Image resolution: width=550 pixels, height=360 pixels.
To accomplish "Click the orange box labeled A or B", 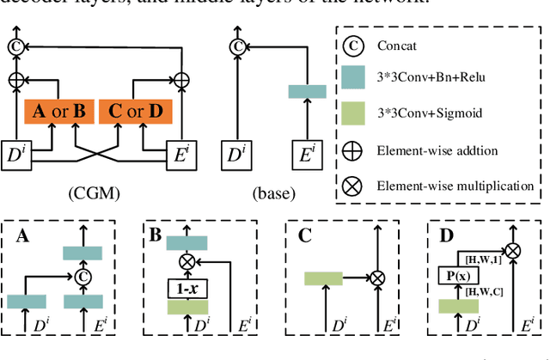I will [58, 110].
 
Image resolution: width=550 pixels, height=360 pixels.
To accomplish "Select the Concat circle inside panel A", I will [83, 277].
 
